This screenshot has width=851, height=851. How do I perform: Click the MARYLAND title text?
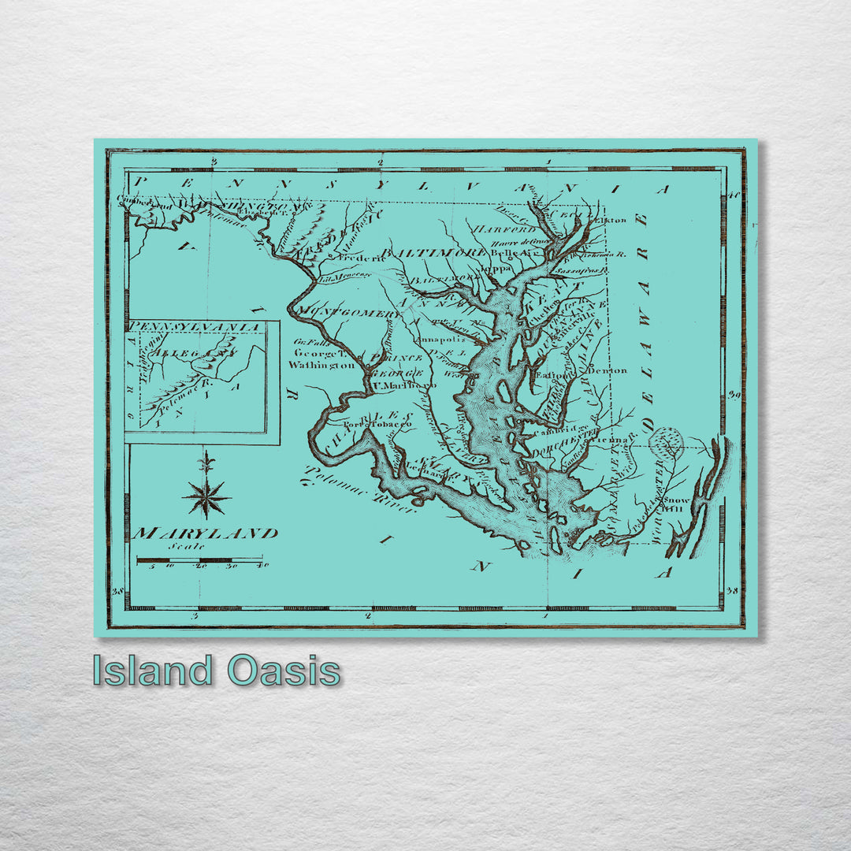tap(205, 533)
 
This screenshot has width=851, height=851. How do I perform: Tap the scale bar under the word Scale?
tap(200, 561)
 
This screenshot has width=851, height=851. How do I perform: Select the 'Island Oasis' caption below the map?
tap(217, 671)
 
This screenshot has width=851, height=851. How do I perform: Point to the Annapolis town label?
tap(442, 340)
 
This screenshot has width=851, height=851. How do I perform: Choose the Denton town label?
tap(608, 370)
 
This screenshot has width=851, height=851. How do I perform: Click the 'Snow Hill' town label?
tap(675, 504)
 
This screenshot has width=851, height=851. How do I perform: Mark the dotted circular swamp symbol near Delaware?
tap(667, 443)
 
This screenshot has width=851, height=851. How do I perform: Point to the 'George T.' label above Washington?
tap(314, 354)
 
